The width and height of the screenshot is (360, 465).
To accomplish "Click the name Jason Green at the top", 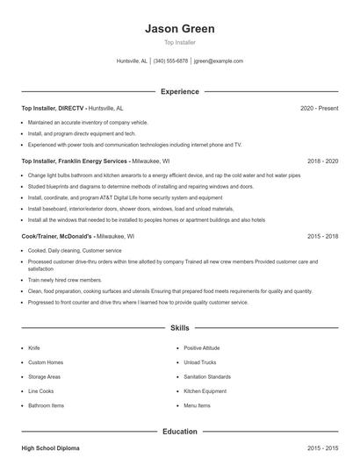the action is (180, 29).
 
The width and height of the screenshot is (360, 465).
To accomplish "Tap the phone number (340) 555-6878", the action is (170, 61).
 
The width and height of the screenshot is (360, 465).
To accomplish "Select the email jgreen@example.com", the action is (219, 61).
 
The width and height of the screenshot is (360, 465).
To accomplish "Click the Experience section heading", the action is (180, 91).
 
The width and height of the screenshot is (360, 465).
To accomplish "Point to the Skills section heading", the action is (180, 327).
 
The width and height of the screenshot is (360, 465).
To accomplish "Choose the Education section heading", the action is (180, 432).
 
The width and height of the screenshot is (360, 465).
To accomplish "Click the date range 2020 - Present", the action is (319, 108).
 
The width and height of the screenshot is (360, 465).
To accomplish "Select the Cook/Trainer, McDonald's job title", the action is (57, 236).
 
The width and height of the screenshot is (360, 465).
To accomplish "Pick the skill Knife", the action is (34, 347).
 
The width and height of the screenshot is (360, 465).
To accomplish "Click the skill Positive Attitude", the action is (202, 347).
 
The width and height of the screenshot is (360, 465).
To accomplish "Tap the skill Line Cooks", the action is (40, 391).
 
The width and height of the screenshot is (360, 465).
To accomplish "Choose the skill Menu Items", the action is (197, 405).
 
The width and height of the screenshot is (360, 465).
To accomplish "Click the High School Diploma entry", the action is (50, 448).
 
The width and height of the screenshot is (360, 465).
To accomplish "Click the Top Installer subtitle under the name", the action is (180, 42).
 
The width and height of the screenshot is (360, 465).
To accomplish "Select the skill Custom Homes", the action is (46, 362).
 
